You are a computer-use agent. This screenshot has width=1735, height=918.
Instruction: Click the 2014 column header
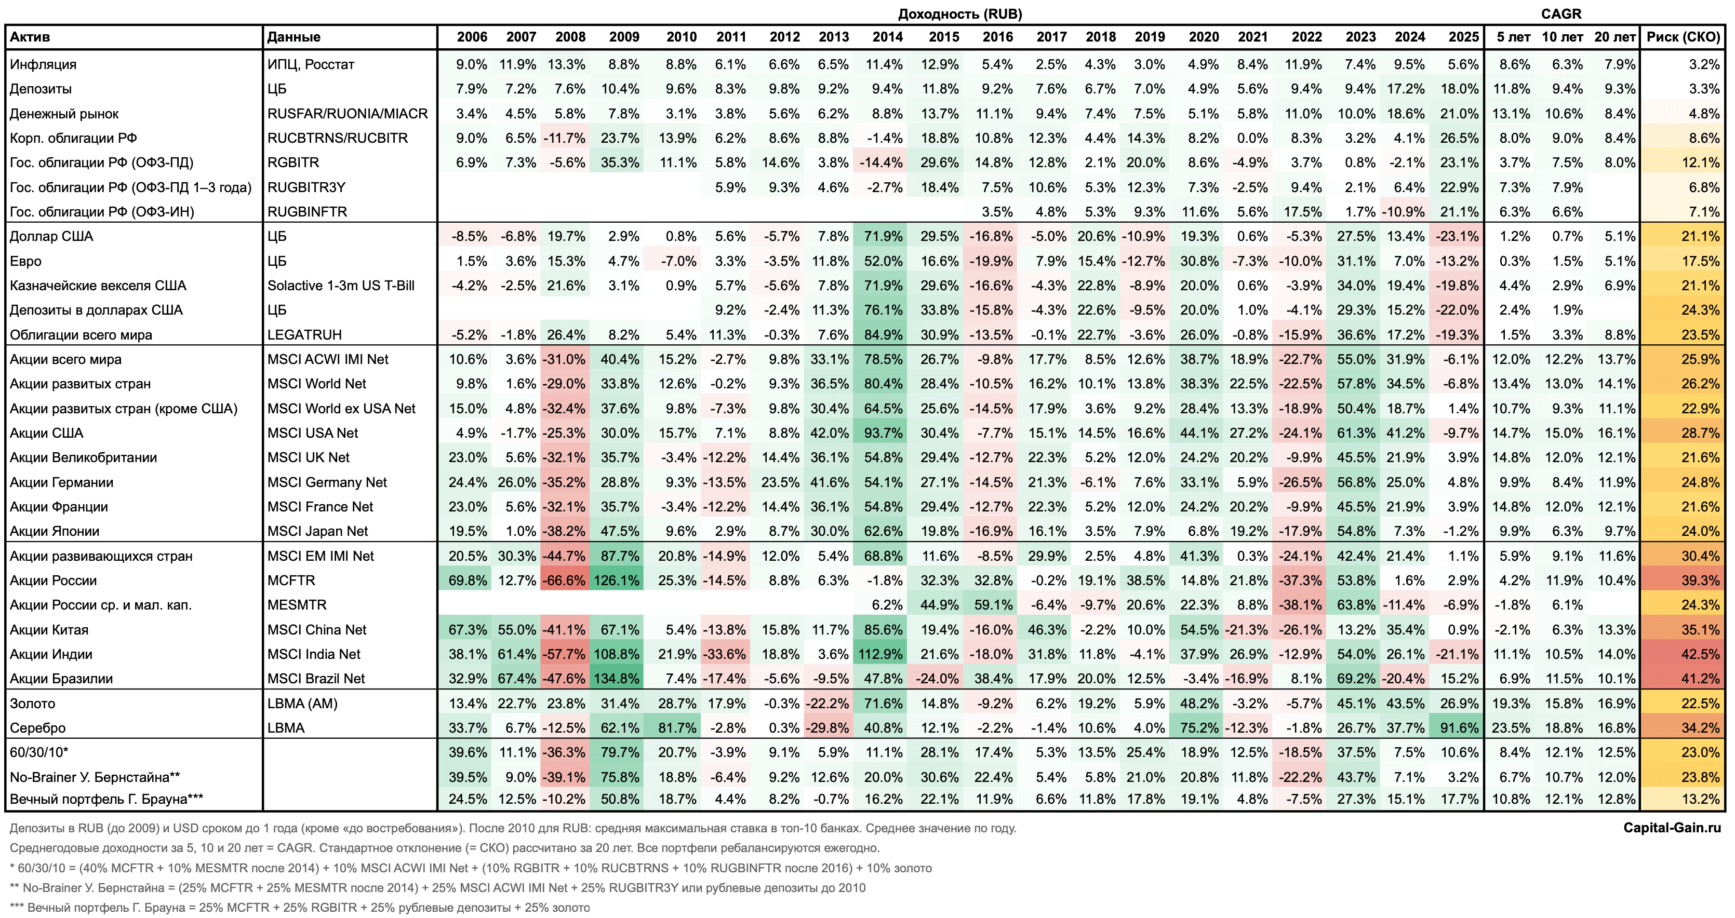point(887,37)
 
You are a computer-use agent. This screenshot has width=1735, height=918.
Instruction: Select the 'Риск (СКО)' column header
point(1683,37)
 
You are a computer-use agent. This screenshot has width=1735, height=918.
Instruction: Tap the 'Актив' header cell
point(30,37)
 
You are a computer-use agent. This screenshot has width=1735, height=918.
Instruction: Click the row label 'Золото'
point(32,704)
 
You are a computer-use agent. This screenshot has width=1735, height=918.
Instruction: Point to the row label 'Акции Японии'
point(55,531)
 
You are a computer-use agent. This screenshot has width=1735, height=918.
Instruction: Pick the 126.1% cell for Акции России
point(616,580)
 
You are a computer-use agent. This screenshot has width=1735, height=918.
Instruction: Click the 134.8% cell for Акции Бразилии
point(616,679)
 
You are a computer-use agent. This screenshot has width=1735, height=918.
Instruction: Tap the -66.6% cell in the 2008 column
point(565,580)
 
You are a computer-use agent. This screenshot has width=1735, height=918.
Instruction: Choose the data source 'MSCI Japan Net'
point(317,531)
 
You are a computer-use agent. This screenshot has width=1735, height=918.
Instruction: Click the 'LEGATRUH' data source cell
point(304,334)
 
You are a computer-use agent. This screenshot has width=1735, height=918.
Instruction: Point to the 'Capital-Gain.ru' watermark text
point(1671,827)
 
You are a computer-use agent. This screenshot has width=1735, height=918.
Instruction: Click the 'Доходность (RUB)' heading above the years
point(960,14)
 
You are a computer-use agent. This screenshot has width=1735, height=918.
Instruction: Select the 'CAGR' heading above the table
point(1560,14)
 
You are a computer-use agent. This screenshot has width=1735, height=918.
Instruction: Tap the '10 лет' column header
point(1562,37)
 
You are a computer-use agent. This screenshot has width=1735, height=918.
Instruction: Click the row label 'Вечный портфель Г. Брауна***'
point(106,799)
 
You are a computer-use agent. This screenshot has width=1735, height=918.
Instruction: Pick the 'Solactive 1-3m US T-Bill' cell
point(341,286)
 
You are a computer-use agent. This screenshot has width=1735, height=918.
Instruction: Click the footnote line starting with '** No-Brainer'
point(438,888)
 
